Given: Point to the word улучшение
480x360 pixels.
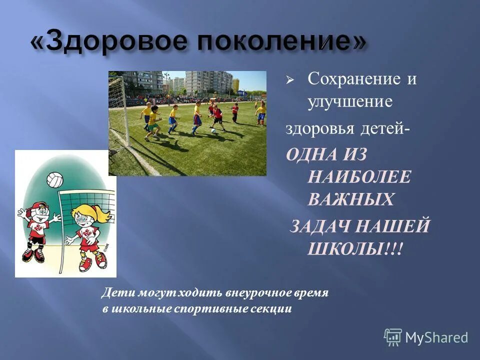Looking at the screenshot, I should click(349, 102).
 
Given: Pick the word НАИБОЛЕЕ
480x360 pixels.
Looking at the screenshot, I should click(359, 176).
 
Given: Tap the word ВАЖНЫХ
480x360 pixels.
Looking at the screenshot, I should click(350, 199).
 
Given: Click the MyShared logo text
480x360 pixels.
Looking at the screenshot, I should click(436, 337).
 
